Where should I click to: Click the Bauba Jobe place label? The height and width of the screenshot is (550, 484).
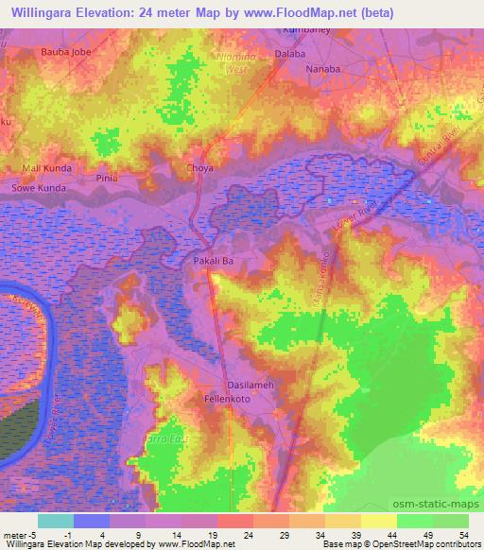coord(64,53)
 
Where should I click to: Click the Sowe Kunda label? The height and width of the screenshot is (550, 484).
coord(38,188)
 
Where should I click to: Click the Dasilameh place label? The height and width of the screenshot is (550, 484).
coord(249,385)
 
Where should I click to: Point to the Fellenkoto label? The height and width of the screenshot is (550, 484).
coord(232,400)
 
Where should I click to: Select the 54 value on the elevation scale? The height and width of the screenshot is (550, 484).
coord(463,534)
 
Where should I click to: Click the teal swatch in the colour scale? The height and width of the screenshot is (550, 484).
coord(55,521)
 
